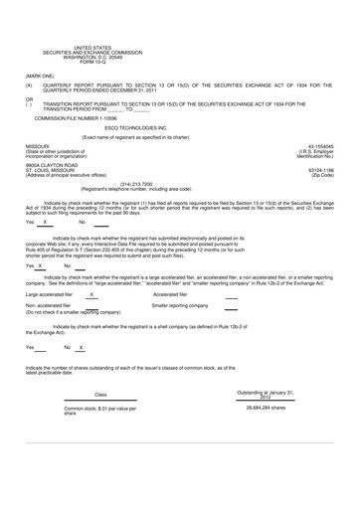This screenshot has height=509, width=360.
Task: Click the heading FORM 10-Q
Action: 93,63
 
